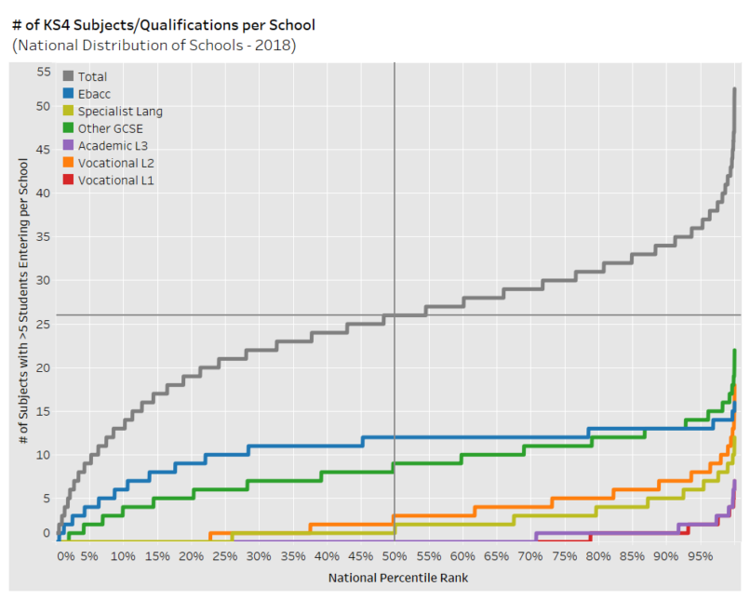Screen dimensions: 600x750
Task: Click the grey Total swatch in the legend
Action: tap(69, 76)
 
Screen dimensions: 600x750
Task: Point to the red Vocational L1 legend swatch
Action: tap(69, 180)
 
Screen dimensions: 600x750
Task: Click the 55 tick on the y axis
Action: tap(44, 72)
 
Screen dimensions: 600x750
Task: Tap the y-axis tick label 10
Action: tap(44, 455)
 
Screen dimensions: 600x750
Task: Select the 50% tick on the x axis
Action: tap(395, 556)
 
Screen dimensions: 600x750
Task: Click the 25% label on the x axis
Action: tap(225, 556)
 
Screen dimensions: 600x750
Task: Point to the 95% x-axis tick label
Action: tap(700, 556)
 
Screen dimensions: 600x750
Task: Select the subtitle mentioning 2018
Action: tap(154, 44)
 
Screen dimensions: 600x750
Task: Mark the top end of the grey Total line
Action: tap(735, 89)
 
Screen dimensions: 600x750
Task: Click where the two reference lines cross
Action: tap(395, 315)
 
